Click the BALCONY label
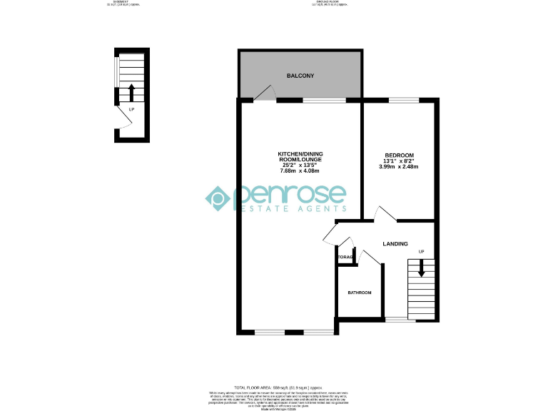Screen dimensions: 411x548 click(300, 76)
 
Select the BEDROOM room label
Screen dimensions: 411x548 click(399, 156)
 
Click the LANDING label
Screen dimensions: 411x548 click(395, 244)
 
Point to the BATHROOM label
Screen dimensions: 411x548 click(360, 293)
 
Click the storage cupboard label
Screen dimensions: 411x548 click(345, 257)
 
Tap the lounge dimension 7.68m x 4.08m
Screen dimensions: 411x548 click(299, 171)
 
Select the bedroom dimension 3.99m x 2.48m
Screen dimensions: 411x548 click(399, 167)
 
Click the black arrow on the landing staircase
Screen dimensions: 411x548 click(421, 268)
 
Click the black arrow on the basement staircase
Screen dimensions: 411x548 click(131, 92)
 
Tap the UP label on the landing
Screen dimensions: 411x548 click(421, 252)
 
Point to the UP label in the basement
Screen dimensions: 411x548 click(131, 110)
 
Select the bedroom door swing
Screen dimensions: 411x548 click(382, 213)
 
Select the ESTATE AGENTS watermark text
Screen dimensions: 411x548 click(293, 208)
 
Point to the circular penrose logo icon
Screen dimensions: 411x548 click(218, 198)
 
